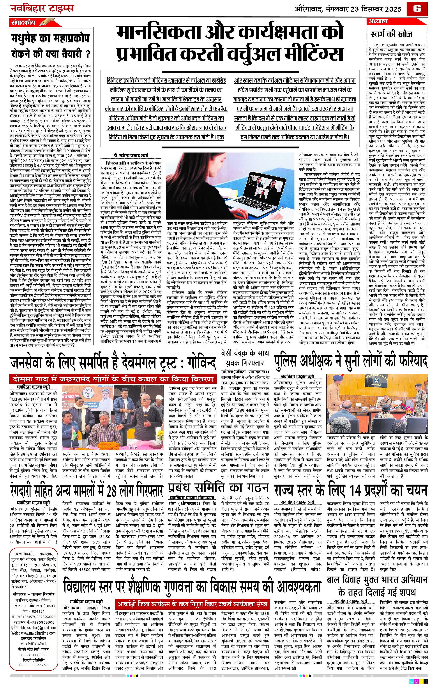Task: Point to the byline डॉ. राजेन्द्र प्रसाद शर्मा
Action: (x=131, y=155)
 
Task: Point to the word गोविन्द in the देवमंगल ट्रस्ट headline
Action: (x=197, y=363)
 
